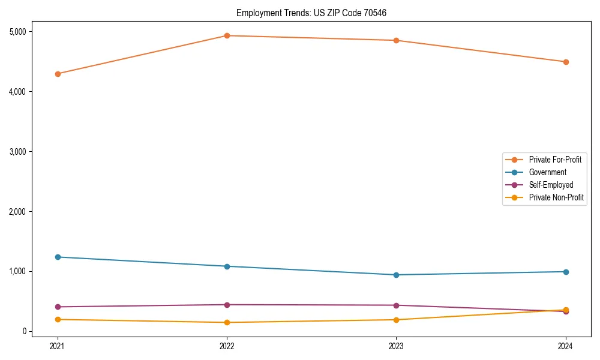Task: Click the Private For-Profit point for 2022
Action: (x=227, y=35)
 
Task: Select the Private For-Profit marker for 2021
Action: (x=58, y=74)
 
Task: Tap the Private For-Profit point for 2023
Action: (x=396, y=40)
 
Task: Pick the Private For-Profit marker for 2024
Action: (x=565, y=62)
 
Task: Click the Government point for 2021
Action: (x=58, y=257)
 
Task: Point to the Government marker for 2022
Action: (x=227, y=266)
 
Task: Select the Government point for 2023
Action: (x=396, y=275)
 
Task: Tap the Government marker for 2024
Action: (x=565, y=272)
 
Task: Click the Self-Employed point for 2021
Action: (x=58, y=307)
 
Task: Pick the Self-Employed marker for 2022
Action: (x=227, y=305)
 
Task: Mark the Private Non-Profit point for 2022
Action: (x=227, y=322)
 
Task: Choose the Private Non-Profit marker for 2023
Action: (x=396, y=320)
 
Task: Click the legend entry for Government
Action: (x=547, y=172)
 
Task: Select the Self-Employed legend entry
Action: (x=551, y=185)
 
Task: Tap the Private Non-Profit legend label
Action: (x=556, y=197)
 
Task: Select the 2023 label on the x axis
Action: (x=396, y=346)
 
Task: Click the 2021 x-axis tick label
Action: (x=58, y=346)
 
